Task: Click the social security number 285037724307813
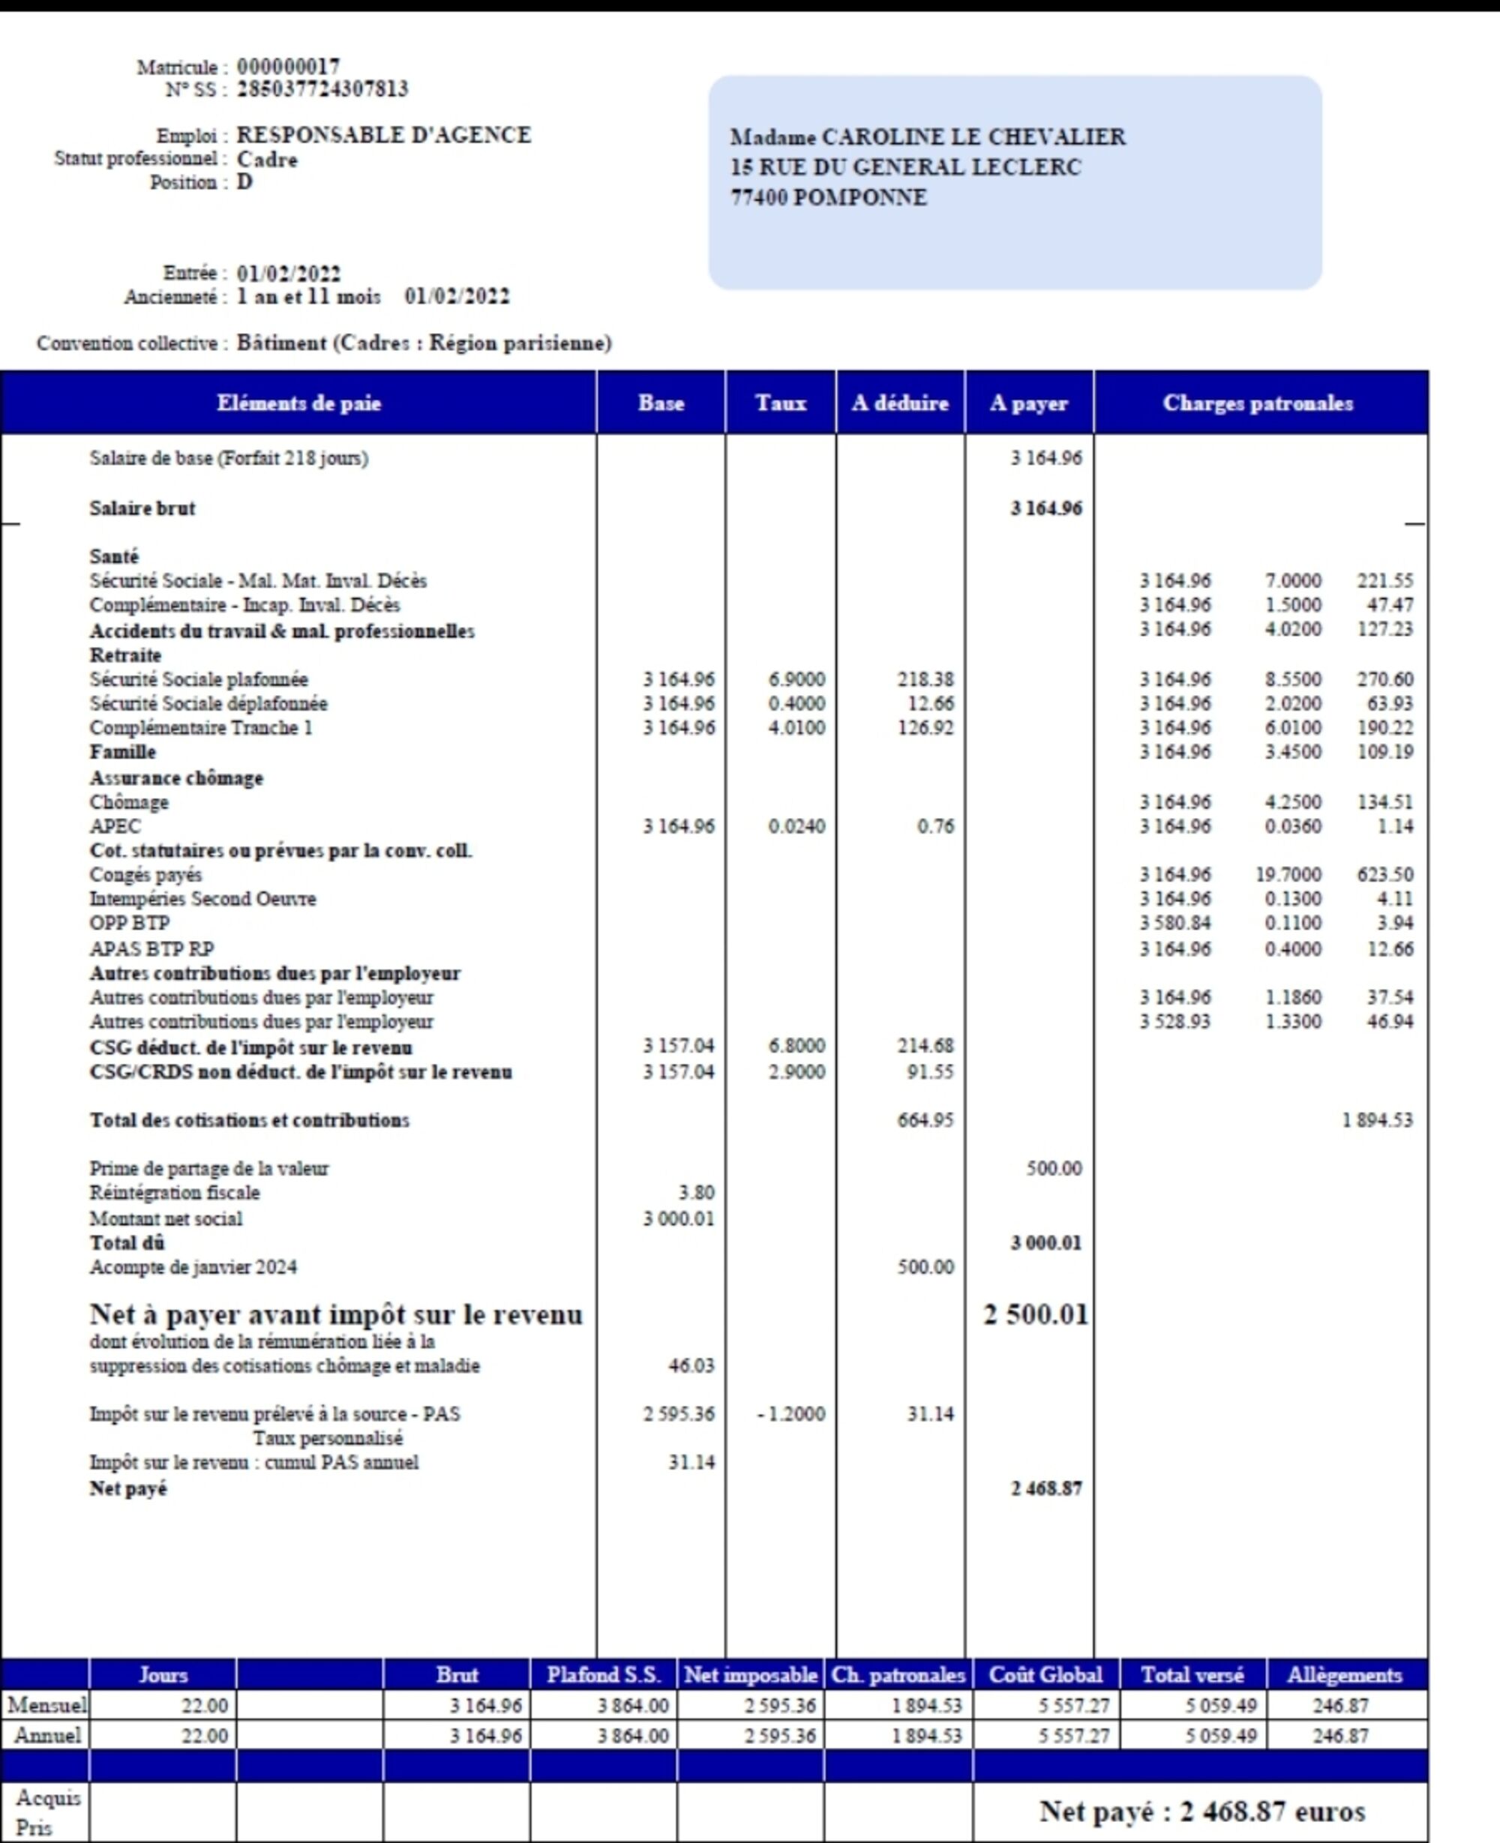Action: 322,89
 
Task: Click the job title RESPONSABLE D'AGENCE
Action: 384,135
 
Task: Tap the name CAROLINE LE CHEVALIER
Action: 973,137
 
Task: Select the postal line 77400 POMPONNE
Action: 829,198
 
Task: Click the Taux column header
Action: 780,403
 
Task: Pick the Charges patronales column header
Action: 1258,403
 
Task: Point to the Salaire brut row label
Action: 142,508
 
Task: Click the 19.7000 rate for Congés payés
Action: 1288,875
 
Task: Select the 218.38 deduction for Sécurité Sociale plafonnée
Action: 925,679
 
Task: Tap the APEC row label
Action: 115,826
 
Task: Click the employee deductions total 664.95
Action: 925,1120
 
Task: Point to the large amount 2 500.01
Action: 1035,1314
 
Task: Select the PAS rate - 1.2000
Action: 790,1414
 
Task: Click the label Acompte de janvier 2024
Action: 193,1267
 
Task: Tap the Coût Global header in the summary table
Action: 1045,1676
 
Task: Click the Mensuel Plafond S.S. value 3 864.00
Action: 632,1706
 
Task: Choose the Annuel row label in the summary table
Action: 47,1735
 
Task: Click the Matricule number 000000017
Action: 289,67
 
